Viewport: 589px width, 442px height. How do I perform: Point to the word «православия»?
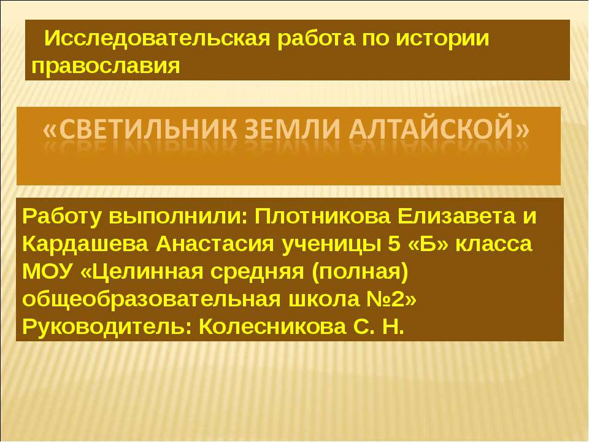(106, 64)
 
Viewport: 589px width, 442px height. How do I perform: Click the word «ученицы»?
(332, 244)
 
